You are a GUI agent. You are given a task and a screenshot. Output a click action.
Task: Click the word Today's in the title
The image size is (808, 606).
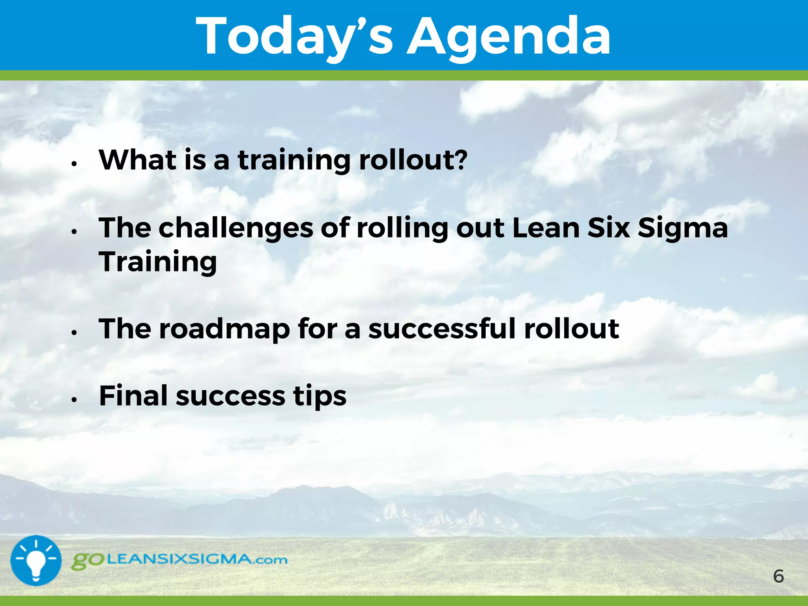tap(294, 36)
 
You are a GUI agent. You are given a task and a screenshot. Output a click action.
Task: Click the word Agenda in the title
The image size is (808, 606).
tap(509, 36)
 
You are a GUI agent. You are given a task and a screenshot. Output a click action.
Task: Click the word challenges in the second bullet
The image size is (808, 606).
tap(236, 229)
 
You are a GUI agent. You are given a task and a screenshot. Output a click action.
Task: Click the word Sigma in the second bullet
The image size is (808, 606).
tap(683, 229)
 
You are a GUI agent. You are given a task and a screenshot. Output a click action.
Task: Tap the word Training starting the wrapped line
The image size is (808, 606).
tap(158, 262)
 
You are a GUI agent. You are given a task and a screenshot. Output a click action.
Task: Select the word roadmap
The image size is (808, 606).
tap(224, 329)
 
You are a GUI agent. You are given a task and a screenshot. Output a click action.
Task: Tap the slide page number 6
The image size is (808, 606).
tap(778, 576)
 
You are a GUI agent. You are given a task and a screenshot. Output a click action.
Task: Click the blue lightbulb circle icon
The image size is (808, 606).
tap(36, 560)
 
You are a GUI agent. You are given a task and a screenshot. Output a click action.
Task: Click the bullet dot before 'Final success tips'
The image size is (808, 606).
tap(74, 400)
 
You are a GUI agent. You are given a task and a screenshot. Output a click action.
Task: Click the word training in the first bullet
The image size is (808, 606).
tap(294, 161)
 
